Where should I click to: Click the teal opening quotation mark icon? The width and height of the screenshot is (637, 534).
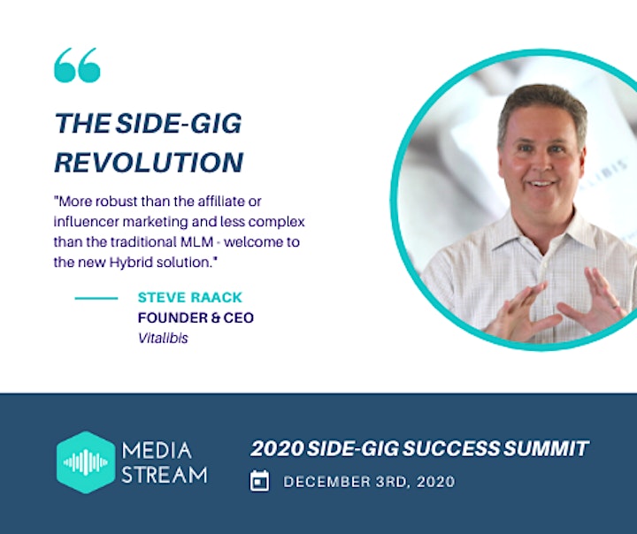click(x=77, y=65)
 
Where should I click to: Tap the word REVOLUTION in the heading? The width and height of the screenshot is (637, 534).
click(x=149, y=163)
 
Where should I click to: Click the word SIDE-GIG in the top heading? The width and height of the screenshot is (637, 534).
click(x=179, y=123)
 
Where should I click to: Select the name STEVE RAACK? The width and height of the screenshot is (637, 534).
click(x=189, y=297)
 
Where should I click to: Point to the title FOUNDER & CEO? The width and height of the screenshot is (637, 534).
click(x=196, y=317)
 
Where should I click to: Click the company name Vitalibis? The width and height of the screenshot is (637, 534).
click(x=163, y=338)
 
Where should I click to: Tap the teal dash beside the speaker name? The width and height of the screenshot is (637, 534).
click(x=96, y=298)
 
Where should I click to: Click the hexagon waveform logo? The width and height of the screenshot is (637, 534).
click(x=86, y=462)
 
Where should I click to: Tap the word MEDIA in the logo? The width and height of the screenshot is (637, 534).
click(x=157, y=451)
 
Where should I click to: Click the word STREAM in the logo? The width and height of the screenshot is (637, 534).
click(x=165, y=474)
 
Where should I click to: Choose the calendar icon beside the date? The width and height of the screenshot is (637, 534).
click(x=259, y=481)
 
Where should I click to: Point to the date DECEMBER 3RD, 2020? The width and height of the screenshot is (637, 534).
click(x=369, y=482)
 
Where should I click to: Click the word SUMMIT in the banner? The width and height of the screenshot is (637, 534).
click(x=546, y=448)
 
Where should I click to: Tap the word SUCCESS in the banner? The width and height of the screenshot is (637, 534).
click(x=451, y=448)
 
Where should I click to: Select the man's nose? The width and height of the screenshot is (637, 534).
click(x=541, y=163)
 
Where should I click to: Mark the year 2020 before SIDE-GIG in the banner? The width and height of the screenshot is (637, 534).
click(x=277, y=448)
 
